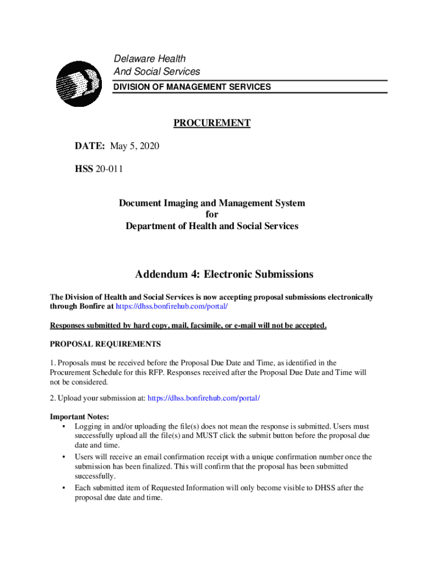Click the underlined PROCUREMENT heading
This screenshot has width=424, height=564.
coord(212,123)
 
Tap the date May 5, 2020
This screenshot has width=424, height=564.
coord(134,146)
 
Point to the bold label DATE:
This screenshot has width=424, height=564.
coord(90,146)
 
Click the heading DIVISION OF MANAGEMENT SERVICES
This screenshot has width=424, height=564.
coord(192,87)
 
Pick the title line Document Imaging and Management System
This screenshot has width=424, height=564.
coord(212,203)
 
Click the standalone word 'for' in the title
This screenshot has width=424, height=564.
coord(212,215)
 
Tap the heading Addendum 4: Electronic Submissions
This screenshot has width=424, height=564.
coord(224,274)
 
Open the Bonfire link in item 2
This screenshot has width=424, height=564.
coord(203,398)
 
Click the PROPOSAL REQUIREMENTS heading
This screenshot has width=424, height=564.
coord(105,344)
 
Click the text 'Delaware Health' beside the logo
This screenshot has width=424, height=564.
coord(149,59)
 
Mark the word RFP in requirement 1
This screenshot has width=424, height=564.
coord(156,372)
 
